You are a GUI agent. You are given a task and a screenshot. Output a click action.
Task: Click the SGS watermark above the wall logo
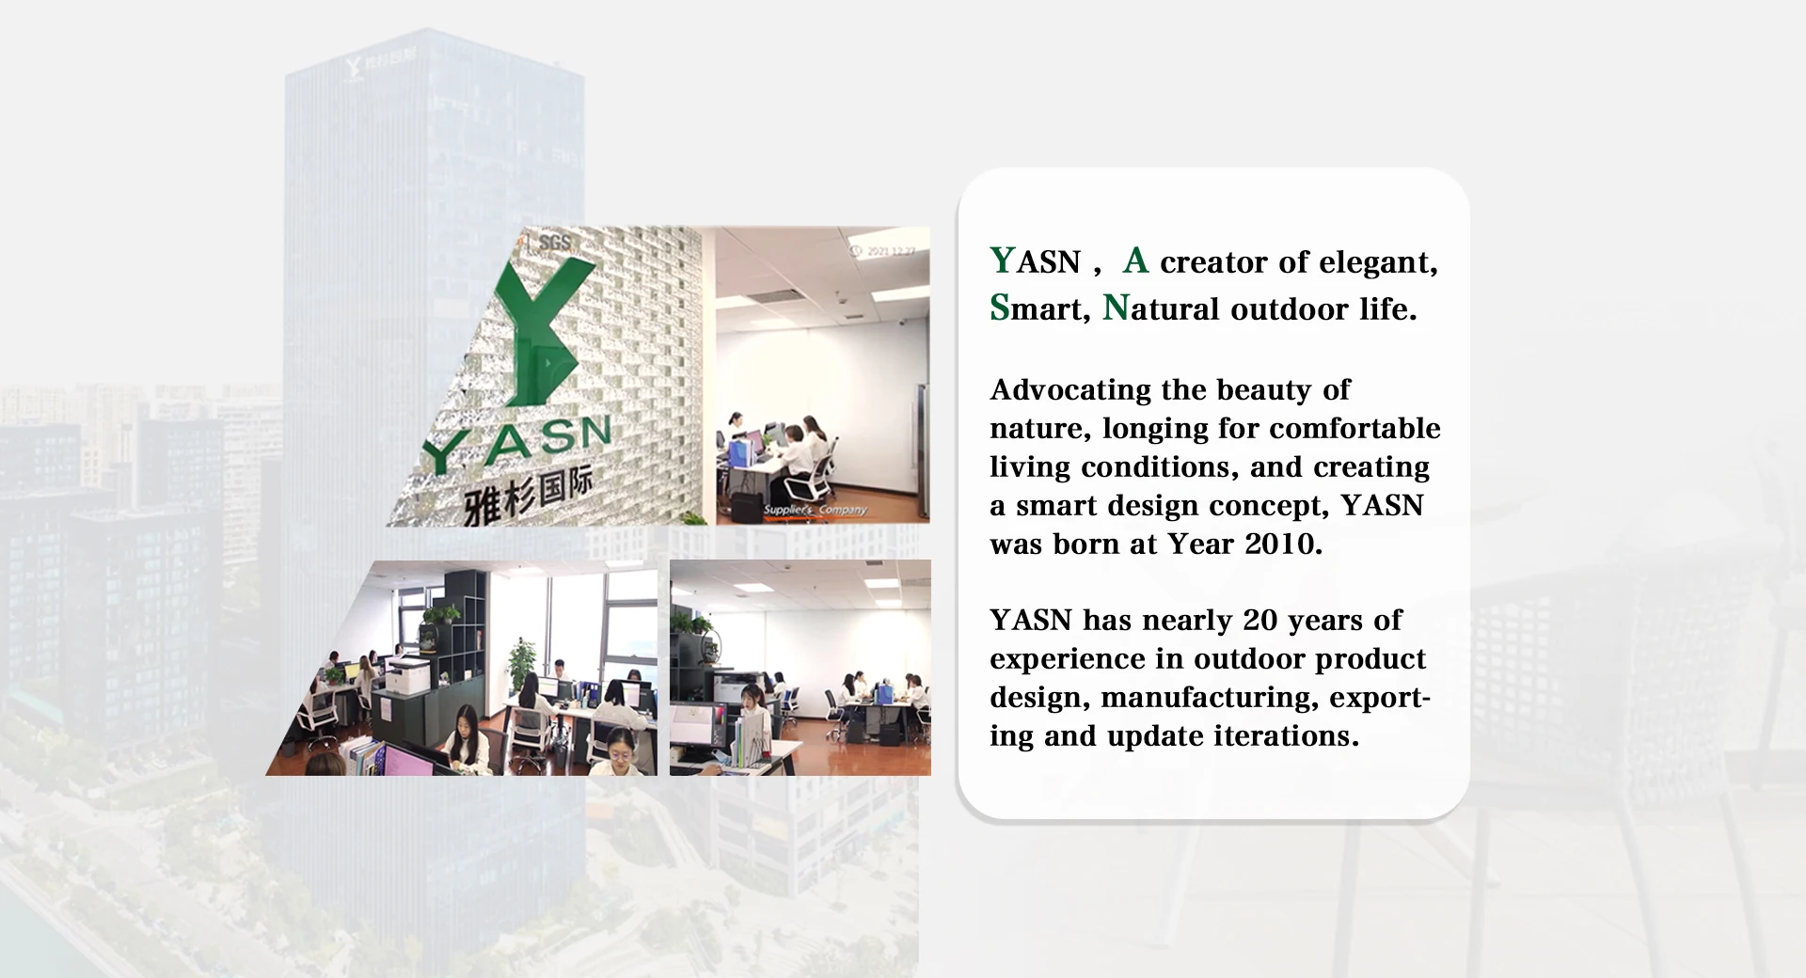554,243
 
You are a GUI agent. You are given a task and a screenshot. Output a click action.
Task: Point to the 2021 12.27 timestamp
888,251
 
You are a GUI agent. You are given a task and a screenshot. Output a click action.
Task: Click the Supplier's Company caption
815,510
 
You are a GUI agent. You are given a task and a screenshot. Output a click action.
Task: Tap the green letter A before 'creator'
1135,260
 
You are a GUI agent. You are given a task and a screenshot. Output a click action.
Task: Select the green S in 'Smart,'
999,308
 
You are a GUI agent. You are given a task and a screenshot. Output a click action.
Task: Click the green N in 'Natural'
1115,308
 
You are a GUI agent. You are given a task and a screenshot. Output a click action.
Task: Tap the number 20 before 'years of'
1260,621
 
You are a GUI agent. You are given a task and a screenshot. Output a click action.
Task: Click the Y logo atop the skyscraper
354,67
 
